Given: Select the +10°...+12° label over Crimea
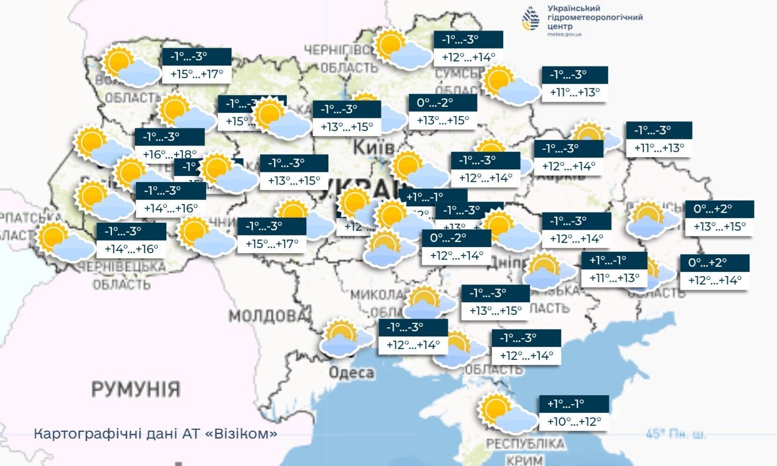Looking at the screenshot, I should coord(574,422).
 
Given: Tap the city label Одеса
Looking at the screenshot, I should coord(351,373).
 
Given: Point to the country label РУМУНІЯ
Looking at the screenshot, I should coord(135,389).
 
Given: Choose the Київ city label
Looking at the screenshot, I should coord(373,147).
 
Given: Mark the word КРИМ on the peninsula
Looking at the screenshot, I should coord(524,460).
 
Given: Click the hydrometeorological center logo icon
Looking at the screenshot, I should coord(531,19).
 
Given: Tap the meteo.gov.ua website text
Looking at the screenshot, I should coord(564,35).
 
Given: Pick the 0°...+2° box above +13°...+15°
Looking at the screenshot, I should coord(719,209).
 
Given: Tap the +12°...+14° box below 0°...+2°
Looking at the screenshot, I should coord(715,280).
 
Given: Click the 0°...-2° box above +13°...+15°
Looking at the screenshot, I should coord(443,103).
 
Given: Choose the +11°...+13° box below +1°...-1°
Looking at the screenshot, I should coord(614,278).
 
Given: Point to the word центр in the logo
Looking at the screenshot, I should coord(560,26).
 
